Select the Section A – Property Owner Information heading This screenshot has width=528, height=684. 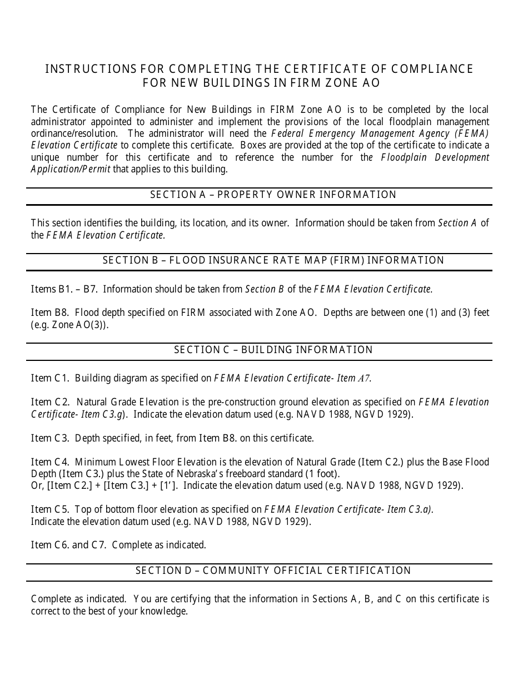pyautogui.click(x=273, y=195)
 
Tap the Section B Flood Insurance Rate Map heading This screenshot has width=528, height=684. pyautogui.click(x=273, y=260)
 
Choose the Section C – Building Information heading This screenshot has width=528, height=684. pyautogui.click(x=273, y=350)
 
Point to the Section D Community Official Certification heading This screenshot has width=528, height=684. pyautogui.click(x=273, y=571)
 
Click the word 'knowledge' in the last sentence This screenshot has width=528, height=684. pyautogui.click(x=165, y=611)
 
